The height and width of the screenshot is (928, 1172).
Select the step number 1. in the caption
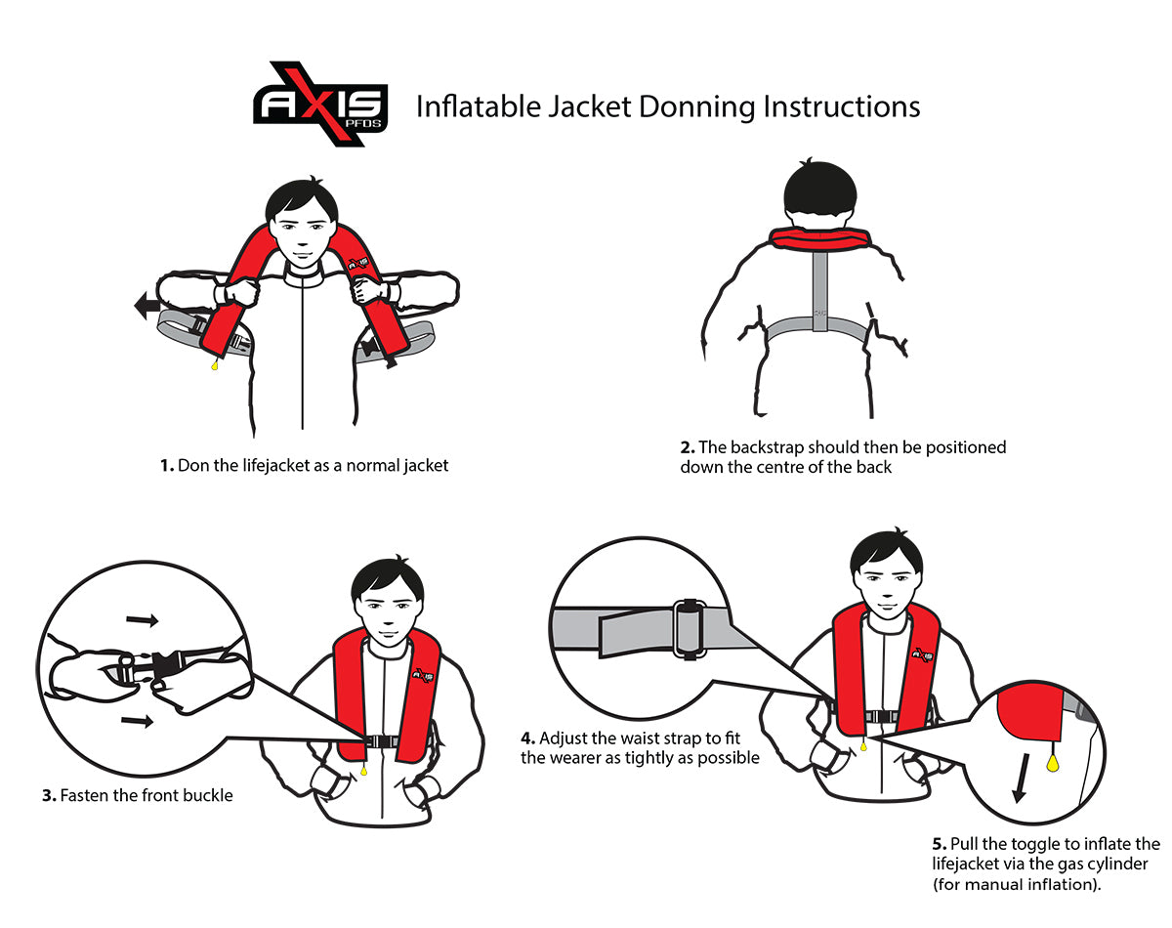tap(167, 466)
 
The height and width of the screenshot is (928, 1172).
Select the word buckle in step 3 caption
tap(209, 796)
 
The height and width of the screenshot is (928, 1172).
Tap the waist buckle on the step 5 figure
tap(883, 716)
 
